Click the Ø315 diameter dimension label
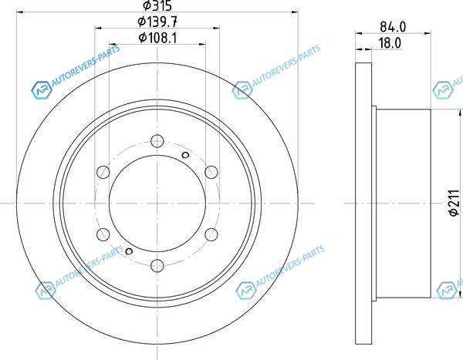click(157, 5)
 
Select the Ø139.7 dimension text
click(157, 21)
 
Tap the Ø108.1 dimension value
click(157, 38)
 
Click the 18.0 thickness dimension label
click(390, 43)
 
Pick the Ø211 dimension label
click(455, 203)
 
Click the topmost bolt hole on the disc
click(157, 141)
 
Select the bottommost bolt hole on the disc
click(157, 266)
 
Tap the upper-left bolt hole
click(103, 172)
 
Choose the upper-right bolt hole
click(211, 172)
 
